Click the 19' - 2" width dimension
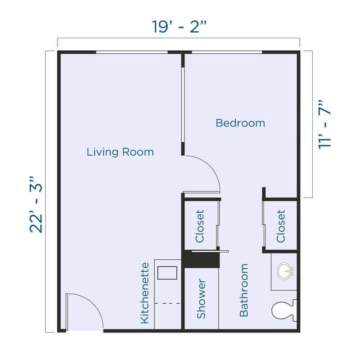click(x=179, y=27)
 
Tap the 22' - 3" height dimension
click(x=36, y=205)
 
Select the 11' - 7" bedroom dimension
click(x=324, y=125)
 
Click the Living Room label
click(x=120, y=152)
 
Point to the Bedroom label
click(x=240, y=123)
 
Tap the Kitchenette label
click(x=144, y=293)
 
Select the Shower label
click(x=201, y=299)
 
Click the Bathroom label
click(x=243, y=290)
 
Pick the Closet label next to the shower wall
click(x=199, y=226)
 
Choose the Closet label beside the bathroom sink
click(x=281, y=226)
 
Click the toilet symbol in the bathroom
click(x=284, y=310)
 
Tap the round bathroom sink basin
click(x=285, y=271)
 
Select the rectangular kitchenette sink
click(x=167, y=273)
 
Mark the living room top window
click(x=132, y=52)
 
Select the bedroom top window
click(x=227, y=52)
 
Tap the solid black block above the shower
click(x=201, y=260)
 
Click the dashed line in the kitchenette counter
click(x=167, y=303)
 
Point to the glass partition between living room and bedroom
click(x=183, y=104)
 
